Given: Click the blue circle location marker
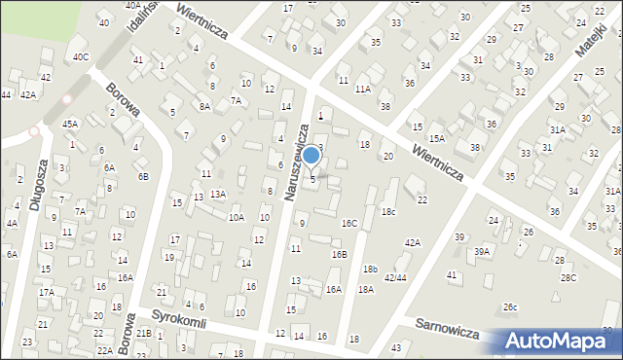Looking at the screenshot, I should tap(311, 155).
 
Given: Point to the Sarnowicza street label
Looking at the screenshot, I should tap(444, 327).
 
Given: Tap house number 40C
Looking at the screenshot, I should tap(81, 56).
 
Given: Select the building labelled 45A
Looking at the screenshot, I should tap(70, 124).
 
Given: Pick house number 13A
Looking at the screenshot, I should tap(218, 194).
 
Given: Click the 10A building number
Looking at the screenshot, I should tap(236, 217).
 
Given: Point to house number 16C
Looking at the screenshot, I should tap(348, 223).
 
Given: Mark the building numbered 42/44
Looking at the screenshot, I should tap(395, 277).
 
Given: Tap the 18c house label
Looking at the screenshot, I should tap(388, 211).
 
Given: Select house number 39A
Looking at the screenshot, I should tap(482, 251).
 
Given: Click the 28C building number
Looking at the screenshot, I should tap(568, 277).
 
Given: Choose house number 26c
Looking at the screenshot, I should tap(510, 306).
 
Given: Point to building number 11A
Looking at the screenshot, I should tap(362, 88).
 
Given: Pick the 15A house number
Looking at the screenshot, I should tap(437, 139).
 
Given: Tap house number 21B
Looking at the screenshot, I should tap(144, 334).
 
